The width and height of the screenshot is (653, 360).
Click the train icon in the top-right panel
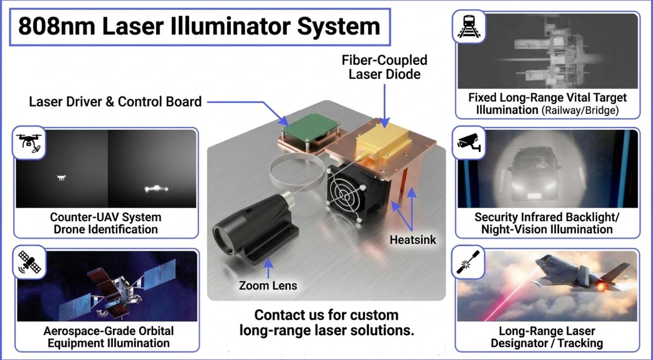[x=469, y=27]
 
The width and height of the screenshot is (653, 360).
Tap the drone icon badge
[x=29, y=143]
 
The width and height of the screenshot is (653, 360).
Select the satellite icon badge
[x=30, y=262]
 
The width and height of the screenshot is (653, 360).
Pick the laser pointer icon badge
[x=468, y=262]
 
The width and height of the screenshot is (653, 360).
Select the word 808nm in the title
[x=57, y=27]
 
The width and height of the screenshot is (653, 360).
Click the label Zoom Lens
[x=268, y=286]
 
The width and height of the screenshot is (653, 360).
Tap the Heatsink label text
[x=413, y=240]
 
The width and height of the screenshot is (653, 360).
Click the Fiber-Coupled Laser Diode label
[x=385, y=67]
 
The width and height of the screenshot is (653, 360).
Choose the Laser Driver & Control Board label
[x=115, y=102]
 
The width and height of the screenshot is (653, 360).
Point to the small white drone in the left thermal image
[x=61, y=178]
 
